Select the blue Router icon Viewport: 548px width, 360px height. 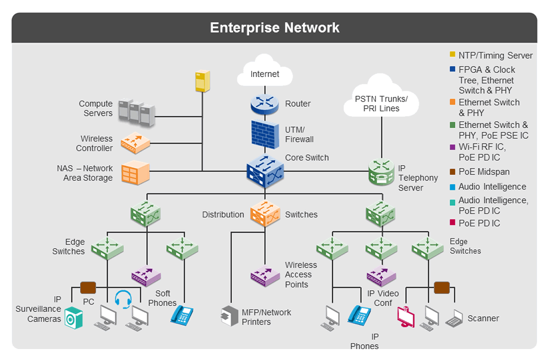264,104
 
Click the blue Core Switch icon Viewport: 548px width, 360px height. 265,171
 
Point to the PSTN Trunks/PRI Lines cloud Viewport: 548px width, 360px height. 381,103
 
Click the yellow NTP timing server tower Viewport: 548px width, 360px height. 202,81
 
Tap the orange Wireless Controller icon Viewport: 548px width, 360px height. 135,143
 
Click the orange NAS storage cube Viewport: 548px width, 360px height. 135,172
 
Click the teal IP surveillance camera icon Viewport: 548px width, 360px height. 74,318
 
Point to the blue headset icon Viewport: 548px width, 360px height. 123,298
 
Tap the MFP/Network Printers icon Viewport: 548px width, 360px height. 230,316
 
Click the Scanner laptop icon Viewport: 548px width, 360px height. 454,318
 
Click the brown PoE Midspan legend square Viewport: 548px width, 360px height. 452,172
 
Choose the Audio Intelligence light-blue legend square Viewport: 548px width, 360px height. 452,187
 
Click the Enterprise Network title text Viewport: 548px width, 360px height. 274,27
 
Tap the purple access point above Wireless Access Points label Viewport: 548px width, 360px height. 265,275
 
